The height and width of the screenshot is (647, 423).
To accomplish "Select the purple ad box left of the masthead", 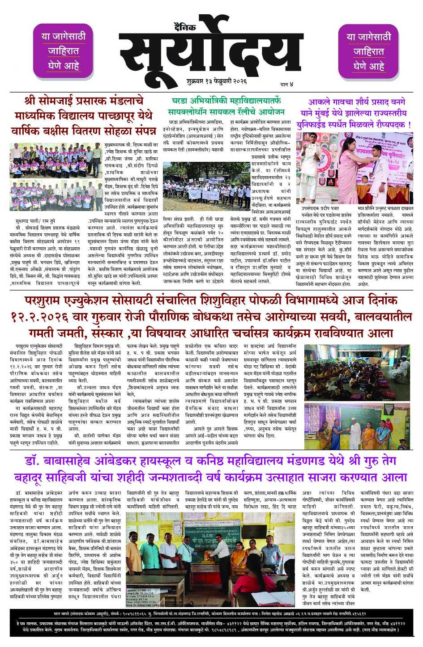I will (63, 51).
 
